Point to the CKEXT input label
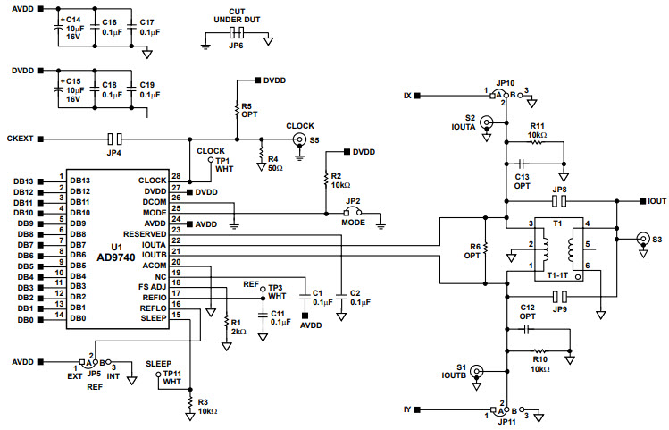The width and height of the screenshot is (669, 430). point(20,139)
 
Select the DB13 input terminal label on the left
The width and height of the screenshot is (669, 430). point(23,181)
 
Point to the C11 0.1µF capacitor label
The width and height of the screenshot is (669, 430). point(280,317)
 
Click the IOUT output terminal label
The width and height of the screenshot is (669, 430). point(656,202)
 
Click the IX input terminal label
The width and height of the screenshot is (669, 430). point(408,95)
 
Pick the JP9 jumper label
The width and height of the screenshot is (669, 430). point(560,308)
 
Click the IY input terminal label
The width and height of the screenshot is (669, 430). point(408,409)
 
